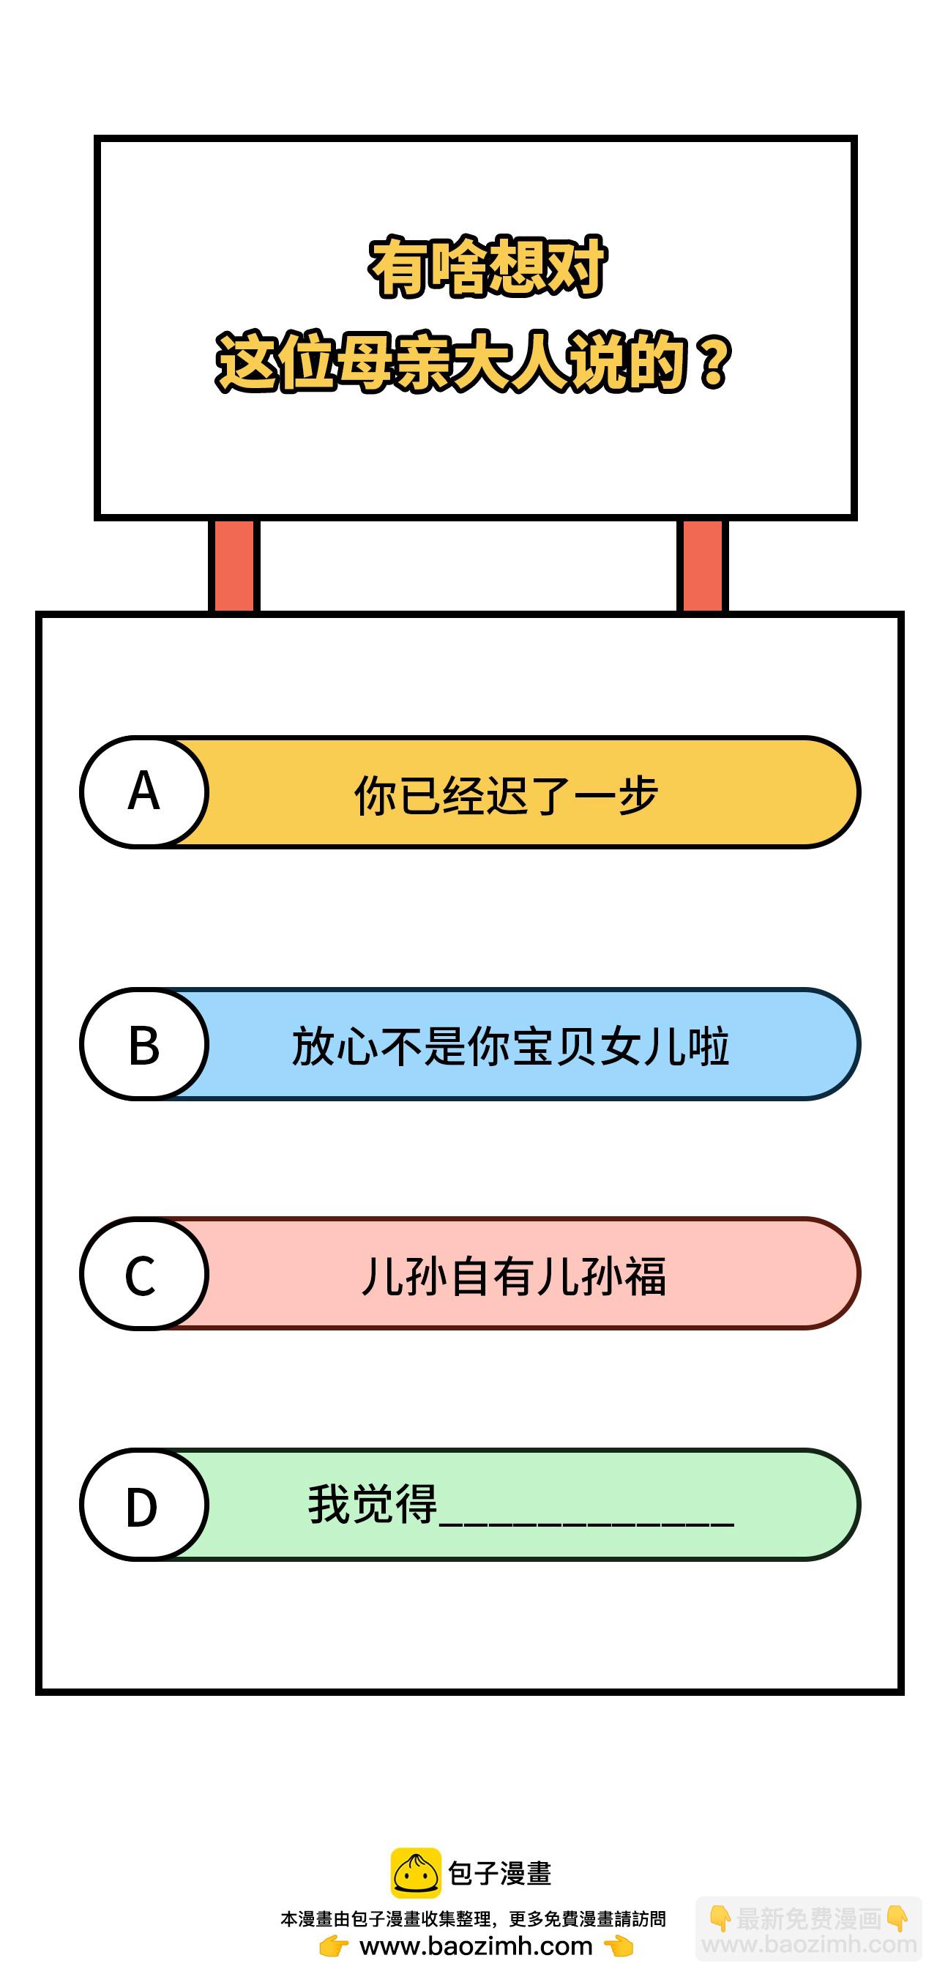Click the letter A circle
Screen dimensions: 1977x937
(144, 792)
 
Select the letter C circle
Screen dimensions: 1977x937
(144, 1274)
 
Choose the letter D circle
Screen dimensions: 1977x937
(144, 1505)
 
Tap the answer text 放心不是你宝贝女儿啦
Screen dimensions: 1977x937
(510, 1046)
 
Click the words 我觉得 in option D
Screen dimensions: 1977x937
(372, 1504)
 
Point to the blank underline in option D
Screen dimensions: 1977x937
(586, 1520)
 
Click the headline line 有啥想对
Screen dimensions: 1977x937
(488, 267)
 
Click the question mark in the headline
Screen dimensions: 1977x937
(714, 362)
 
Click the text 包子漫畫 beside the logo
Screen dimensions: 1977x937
(499, 1874)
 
